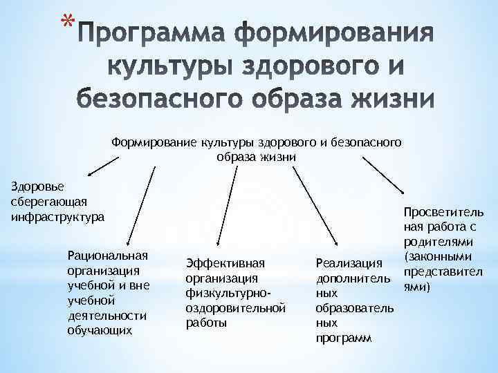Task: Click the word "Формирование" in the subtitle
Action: coord(154,143)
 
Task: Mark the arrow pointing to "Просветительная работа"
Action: coord(385,178)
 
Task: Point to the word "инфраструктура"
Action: coord(57,216)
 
